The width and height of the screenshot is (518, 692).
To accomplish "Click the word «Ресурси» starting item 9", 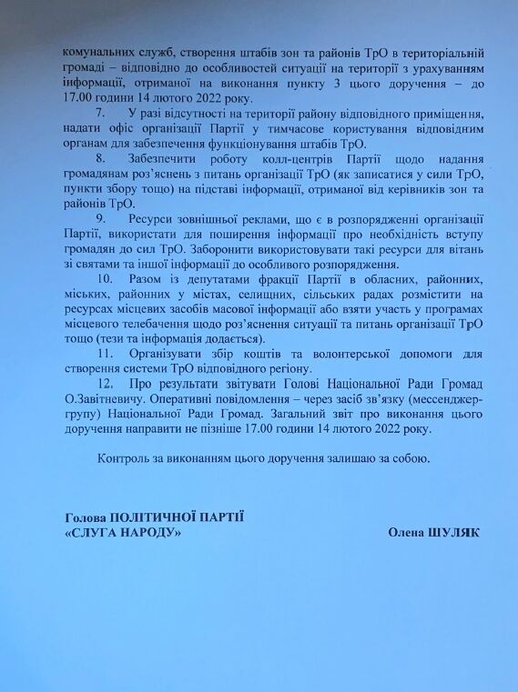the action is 153,219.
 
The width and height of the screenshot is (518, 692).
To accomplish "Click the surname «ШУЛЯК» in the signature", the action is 454,532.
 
